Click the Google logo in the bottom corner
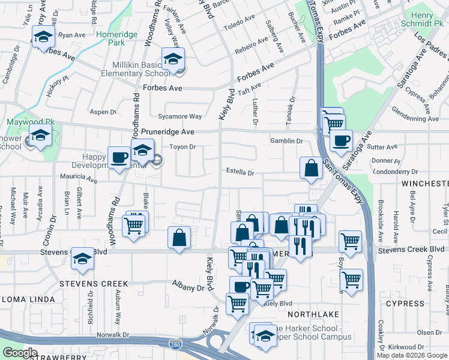point(20,353)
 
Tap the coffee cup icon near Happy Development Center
point(119,158)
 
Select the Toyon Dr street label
point(184,146)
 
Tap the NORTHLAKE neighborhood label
point(313,314)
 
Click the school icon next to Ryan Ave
point(43,37)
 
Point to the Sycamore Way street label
point(179,116)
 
